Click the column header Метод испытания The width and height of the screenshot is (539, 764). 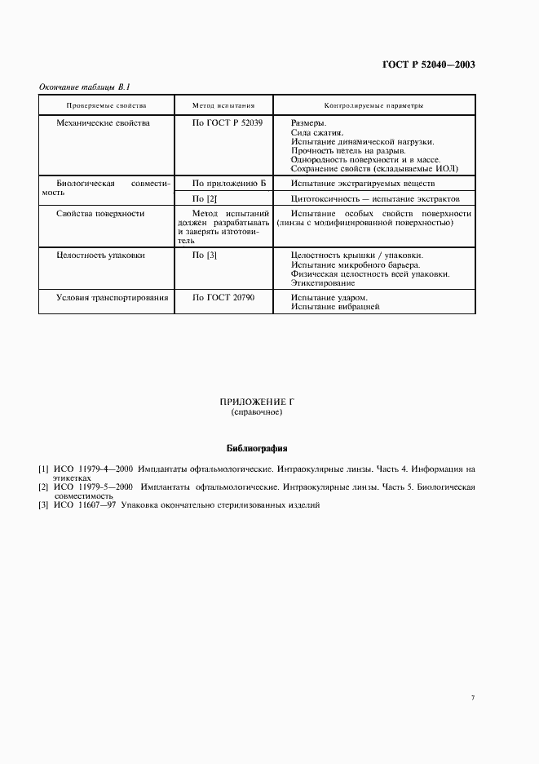223,106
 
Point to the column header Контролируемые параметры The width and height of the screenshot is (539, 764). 373,106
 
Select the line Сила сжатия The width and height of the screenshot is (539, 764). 317,131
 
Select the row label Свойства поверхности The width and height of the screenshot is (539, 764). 100,213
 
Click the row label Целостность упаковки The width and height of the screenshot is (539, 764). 101,255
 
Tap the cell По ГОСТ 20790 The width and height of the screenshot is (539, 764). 223,298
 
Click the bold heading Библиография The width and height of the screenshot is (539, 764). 256,448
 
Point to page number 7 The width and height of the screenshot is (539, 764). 473,697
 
